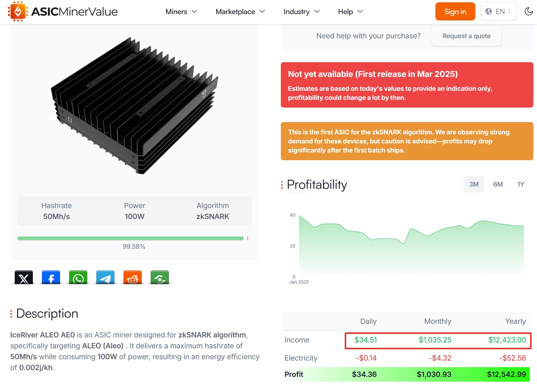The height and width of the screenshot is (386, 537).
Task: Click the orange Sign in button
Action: point(455,11)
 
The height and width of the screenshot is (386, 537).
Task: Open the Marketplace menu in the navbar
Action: point(240,11)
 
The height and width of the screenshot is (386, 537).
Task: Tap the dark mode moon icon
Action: point(528,11)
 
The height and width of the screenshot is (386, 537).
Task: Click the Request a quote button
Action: point(466,36)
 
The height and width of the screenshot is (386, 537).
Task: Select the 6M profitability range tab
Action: point(498,184)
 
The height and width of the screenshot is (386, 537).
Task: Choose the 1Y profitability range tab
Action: point(521,184)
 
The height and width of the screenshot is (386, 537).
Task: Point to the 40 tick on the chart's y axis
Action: point(292,215)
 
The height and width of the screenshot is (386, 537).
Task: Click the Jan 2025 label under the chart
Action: point(299,282)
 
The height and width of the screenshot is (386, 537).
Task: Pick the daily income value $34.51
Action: point(365,340)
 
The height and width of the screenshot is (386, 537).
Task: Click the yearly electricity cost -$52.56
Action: point(512,358)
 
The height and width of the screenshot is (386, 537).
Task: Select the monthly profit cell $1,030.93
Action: point(434,374)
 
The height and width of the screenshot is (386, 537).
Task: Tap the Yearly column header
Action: point(516,321)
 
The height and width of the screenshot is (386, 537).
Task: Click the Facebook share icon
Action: point(51,277)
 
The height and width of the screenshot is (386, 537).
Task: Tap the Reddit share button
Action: point(133,277)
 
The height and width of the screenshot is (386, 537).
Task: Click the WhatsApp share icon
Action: point(78,277)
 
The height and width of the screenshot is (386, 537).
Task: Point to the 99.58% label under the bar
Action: point(134,246)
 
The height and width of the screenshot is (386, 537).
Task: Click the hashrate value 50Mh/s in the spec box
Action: point(56,216)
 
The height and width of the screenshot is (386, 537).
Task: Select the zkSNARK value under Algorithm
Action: point(213,216)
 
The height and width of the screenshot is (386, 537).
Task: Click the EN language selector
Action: point(499,11)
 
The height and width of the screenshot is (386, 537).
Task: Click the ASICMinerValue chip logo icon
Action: point(18,11)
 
